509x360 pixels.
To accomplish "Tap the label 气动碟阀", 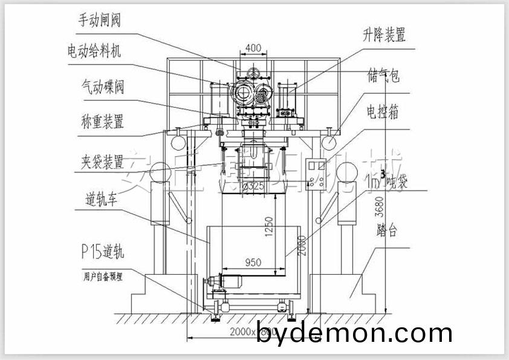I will click(103, 87).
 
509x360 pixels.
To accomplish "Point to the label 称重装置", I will click(102, 122).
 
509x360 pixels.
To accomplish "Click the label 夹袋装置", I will click(102, 162).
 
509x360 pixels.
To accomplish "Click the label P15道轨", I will click(103, 250).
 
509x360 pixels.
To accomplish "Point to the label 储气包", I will click(383, 77).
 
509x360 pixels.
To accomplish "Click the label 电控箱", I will click(382, 112).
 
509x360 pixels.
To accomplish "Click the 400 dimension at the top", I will click(254, 48).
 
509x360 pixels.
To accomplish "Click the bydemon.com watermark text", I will click(354, 333).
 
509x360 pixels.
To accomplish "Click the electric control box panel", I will click(319, 174).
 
